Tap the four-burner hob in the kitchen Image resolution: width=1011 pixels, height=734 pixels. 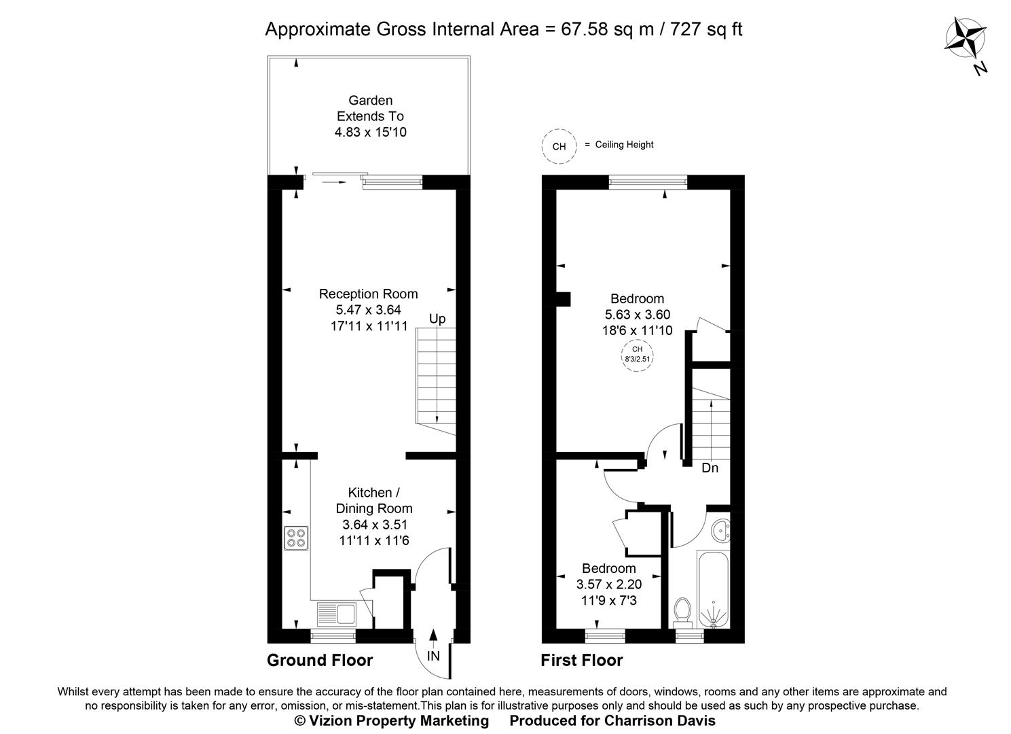pos(296,538)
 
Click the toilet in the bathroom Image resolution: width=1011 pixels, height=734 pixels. pos(682,611)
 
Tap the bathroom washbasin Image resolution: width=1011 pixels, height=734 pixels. pos(720,530)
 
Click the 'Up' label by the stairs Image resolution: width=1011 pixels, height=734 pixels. pos(437,319)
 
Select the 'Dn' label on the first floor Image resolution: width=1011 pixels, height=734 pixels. pos(710,468)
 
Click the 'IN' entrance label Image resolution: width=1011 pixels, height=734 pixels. pos(433,656)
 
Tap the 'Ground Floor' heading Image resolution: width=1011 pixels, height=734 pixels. pos(320,660)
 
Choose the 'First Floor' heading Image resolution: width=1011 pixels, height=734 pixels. pos(581,660)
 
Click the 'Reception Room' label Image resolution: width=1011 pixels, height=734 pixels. pos(368,294)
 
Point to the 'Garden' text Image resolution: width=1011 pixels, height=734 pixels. pos(370,101)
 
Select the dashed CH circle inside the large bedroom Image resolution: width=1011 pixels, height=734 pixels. pos(637,354)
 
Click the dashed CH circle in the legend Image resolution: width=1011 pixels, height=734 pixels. pos(559,146)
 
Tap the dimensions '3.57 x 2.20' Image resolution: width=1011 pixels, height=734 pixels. pos(608,584)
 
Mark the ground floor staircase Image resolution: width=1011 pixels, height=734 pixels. pos(435,381)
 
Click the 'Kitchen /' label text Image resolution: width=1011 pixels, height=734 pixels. pos(369,492)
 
